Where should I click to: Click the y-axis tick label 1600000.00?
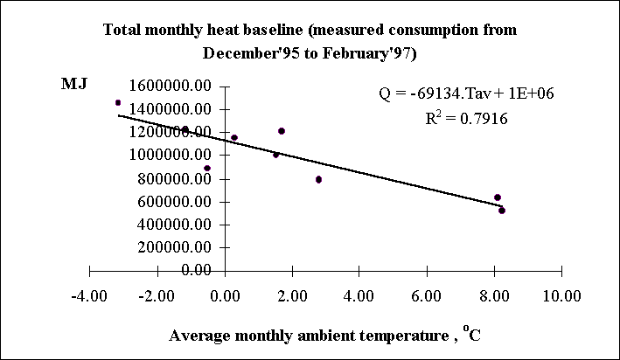click(170, 86)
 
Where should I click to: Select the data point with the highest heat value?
click(118, 102)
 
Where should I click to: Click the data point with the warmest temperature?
click(502, 211)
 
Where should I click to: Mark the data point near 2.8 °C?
click(318, 179)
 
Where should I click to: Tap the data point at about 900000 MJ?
click(207, 168)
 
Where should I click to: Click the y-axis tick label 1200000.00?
click(170, 132)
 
